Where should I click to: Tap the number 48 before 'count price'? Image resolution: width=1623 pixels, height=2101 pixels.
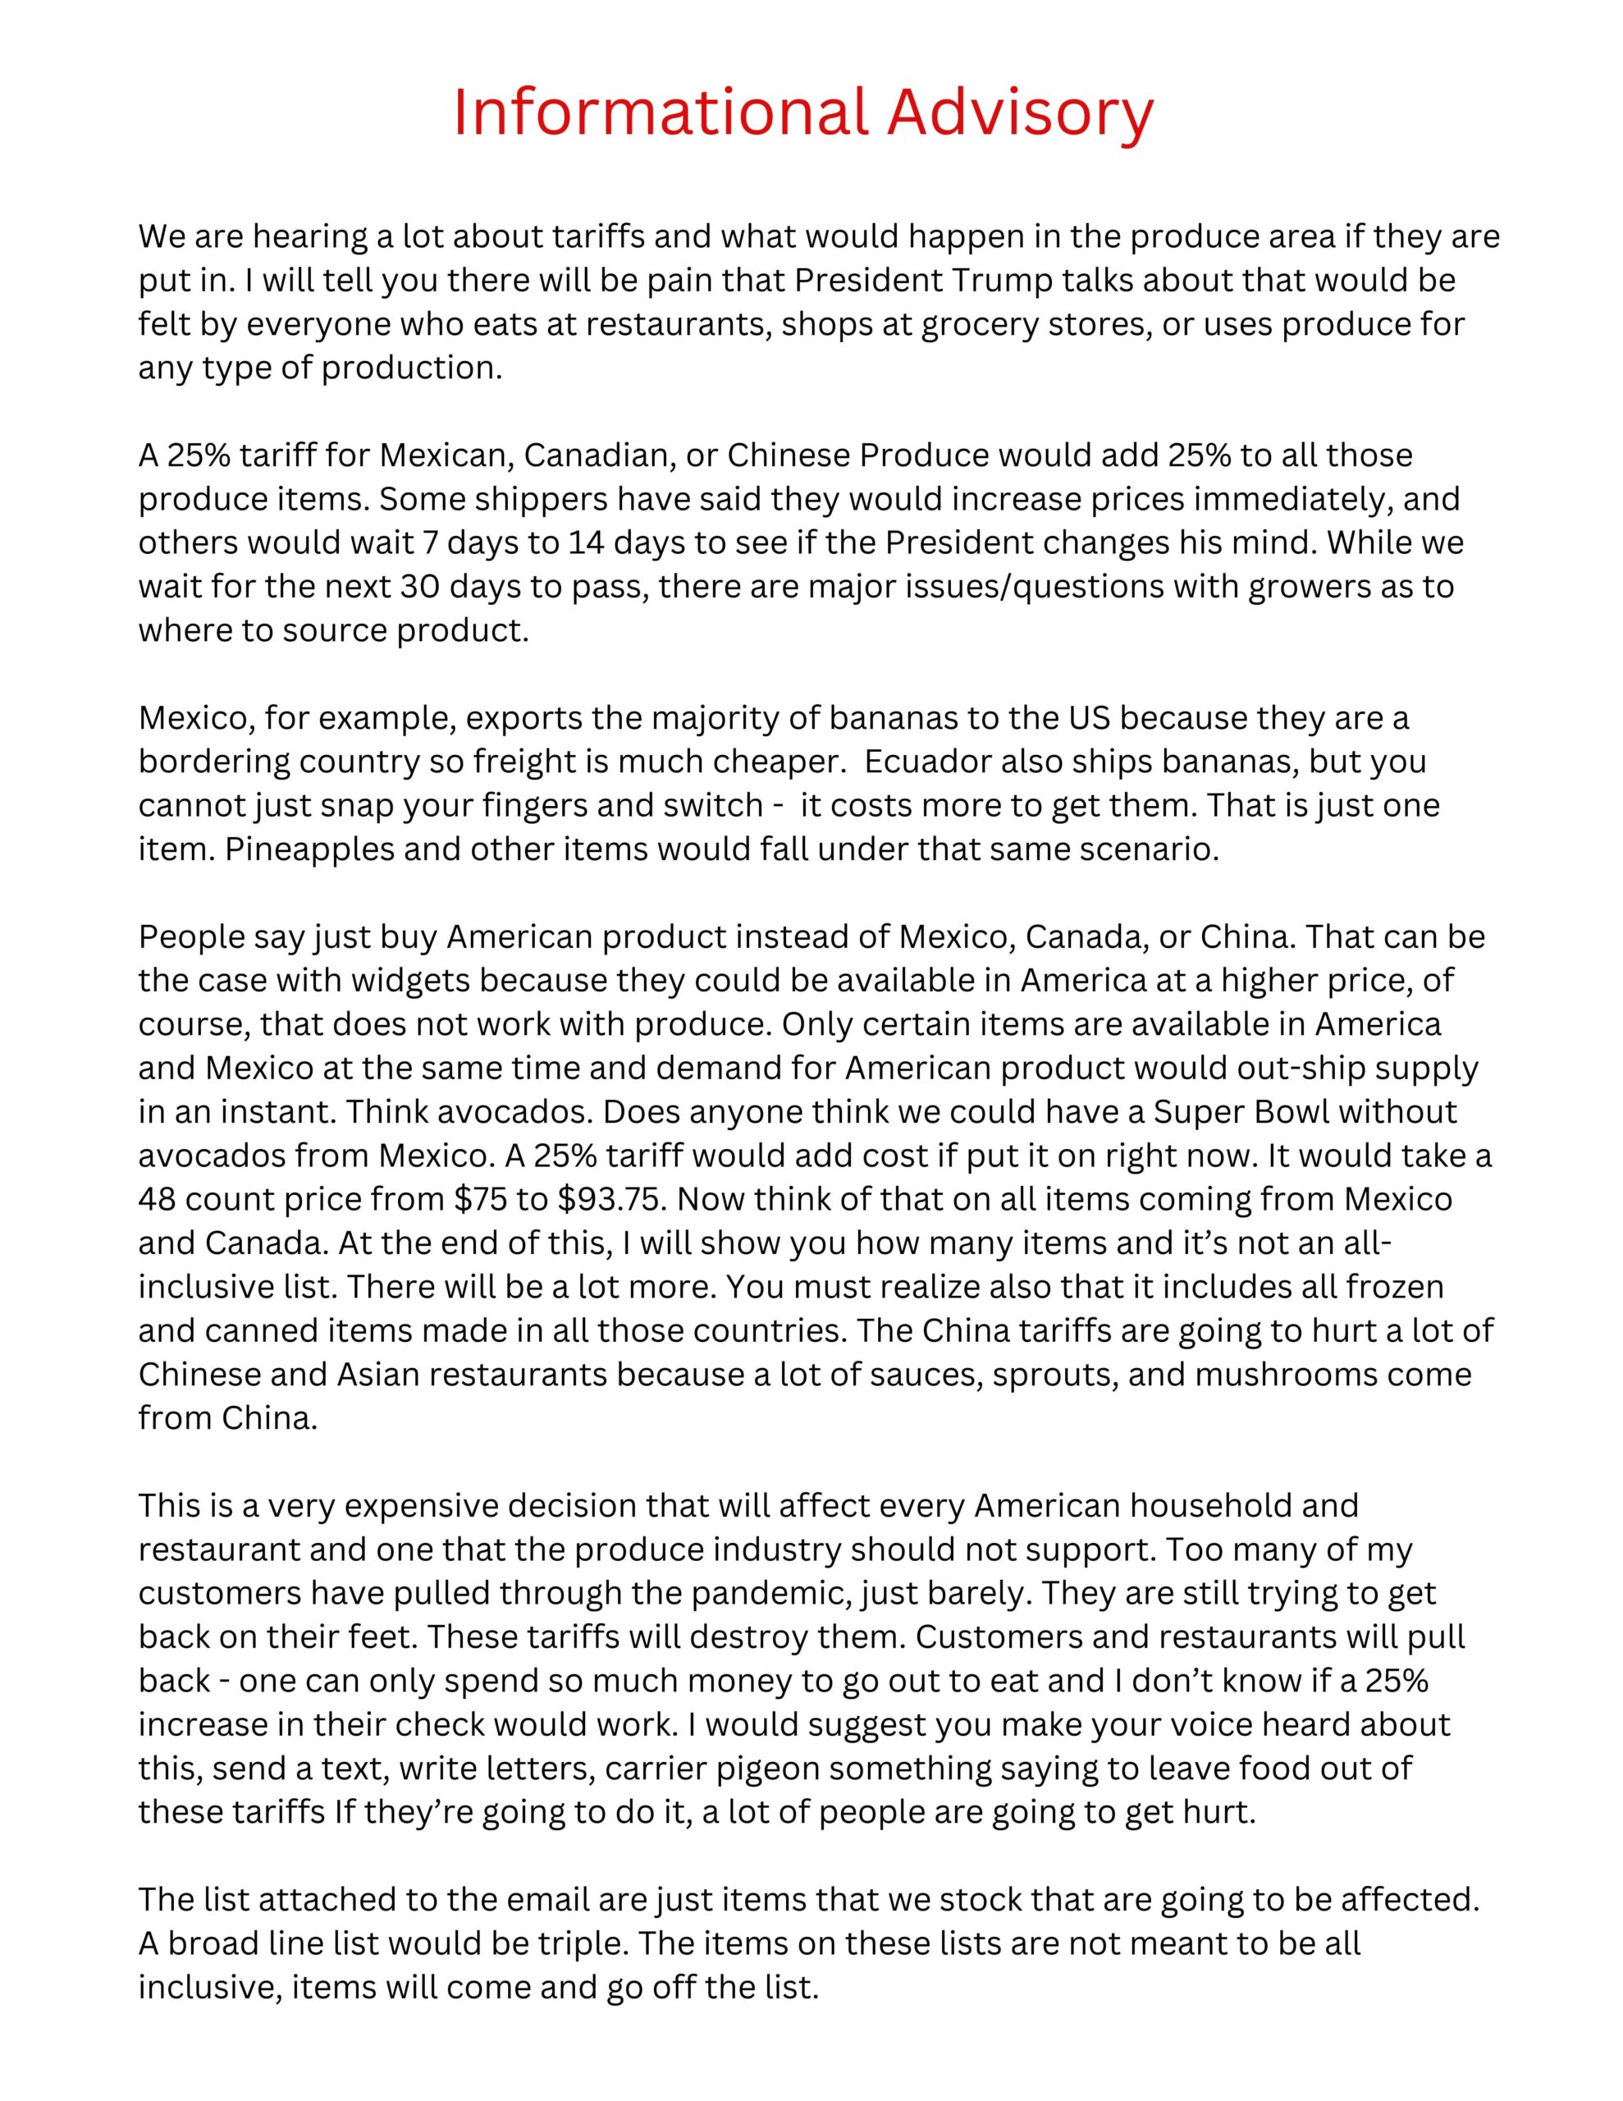point(157,1200)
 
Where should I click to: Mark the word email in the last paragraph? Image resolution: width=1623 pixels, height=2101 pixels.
point(543,1900)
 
